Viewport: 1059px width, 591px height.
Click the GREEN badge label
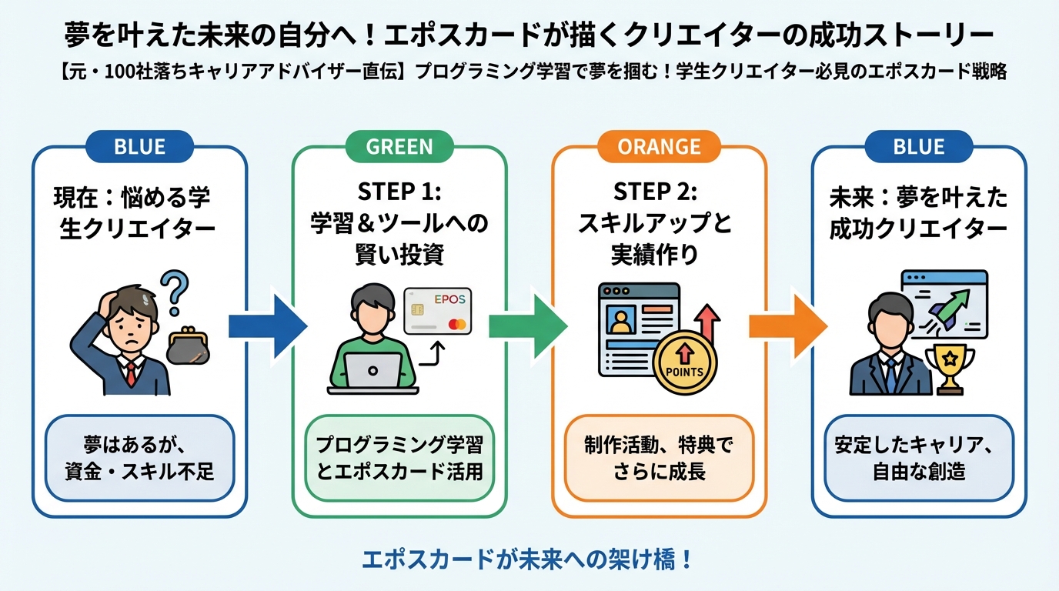(x=399, y=146)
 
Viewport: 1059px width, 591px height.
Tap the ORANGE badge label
(x=660, y=146)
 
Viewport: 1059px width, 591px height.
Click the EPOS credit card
(x=438, y=311)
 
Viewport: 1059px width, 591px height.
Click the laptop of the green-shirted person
(x=372, y=372)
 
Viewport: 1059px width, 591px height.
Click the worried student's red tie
(x=132, y=373)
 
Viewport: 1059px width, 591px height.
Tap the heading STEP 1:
(x=399, y=191)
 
